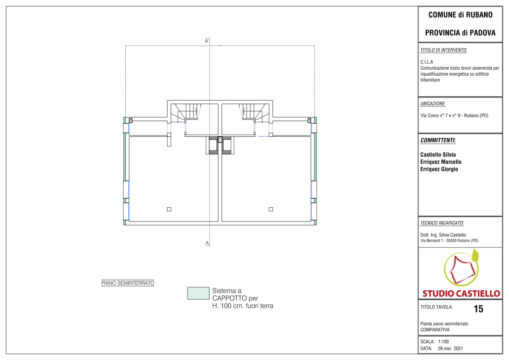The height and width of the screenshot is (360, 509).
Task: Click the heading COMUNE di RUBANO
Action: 460,15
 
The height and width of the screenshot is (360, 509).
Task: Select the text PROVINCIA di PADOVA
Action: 460,33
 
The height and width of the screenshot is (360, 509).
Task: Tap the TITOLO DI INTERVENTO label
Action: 444,50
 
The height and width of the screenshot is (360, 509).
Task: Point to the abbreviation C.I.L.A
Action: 427,62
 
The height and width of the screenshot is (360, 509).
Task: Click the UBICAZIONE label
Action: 433,103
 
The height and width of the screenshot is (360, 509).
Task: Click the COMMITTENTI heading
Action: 438,141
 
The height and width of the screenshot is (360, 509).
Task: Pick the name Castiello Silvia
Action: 438,155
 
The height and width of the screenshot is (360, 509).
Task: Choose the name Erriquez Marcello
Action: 441,162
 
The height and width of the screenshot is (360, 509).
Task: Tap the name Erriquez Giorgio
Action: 439,169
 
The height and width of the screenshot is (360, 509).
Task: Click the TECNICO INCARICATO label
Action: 442,223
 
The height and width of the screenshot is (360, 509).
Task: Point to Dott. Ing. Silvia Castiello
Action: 443,235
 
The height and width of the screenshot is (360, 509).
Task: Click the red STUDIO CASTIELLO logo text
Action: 461,294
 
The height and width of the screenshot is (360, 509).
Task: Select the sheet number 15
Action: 479,309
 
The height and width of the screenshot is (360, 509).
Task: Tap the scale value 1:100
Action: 444,342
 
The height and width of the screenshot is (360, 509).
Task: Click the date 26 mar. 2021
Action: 450,348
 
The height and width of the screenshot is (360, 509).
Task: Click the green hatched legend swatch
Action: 198,293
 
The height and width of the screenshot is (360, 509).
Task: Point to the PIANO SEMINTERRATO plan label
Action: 128,283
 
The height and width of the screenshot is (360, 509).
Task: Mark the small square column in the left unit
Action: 169,210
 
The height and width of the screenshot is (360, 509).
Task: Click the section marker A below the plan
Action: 207,243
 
